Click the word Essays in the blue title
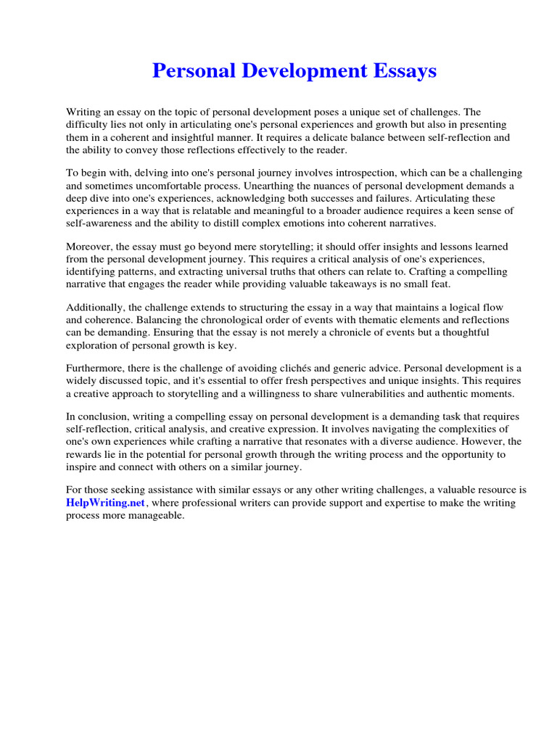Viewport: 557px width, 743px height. (400, 71)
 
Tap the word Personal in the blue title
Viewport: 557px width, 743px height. (190, 71)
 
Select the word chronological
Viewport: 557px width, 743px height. (203, 320)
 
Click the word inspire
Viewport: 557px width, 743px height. (81, 467)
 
